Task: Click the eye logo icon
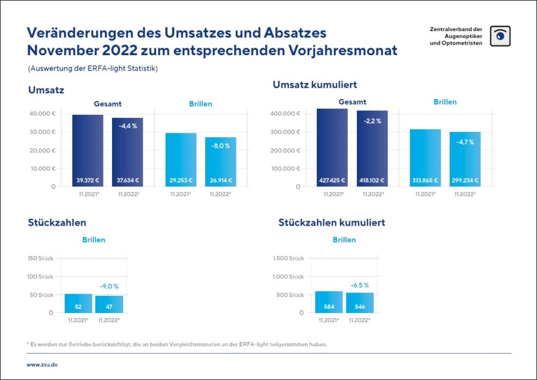[500, 36]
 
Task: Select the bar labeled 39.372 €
[88, 151]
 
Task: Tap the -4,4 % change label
[127, 126]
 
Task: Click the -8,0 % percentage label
[220, 145]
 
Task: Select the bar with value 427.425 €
[332, 148]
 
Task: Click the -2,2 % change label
[371, 121]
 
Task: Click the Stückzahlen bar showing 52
[78, 303]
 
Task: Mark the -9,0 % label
[109, 286]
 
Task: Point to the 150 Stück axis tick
[40, 258]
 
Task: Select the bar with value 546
[360, 303]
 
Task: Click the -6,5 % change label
[360, 285]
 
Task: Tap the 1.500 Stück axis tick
[288, 258]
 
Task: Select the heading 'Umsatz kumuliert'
[315, 85]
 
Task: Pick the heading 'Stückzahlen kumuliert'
[331, 222]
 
